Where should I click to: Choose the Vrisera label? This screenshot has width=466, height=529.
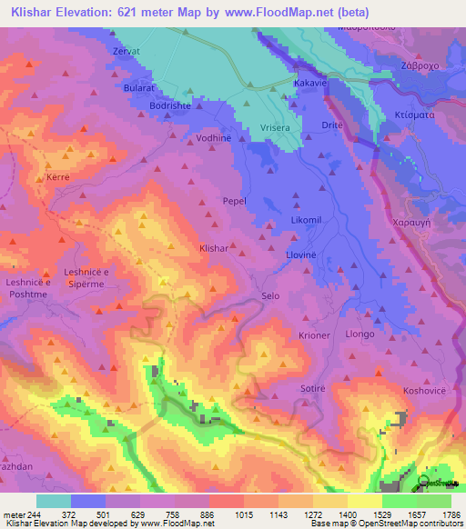[x=272, y=127]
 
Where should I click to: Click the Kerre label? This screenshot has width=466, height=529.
[x=58, y=178]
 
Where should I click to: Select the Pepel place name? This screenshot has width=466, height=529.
[x=236, y=201]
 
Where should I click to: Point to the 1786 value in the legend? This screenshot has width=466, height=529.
[x=450, y=514]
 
